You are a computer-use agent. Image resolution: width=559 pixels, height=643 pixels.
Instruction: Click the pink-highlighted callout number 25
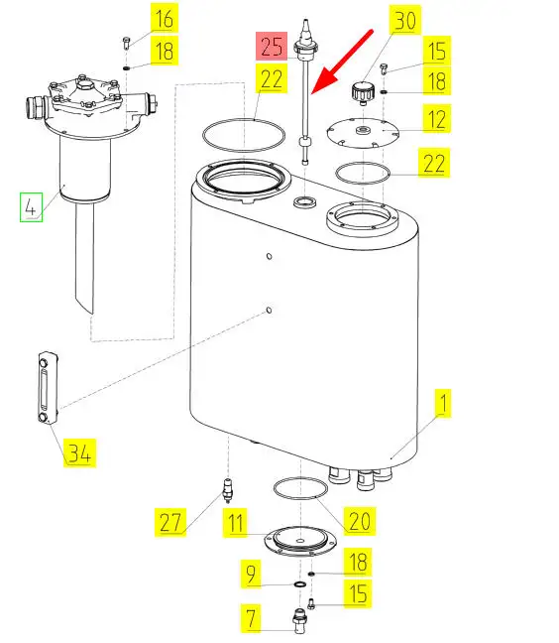point(272,47)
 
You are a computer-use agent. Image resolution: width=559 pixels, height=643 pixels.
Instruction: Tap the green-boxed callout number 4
point(31,207)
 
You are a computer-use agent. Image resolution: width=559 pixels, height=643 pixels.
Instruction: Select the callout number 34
point(79,453)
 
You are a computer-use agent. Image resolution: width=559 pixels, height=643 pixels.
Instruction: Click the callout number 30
point(405,20)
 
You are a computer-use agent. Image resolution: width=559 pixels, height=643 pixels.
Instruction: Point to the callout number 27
point(170,522)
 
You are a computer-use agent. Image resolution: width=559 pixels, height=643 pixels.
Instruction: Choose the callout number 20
point(360,521)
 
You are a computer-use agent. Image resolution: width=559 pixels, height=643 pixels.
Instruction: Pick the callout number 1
point(443,404)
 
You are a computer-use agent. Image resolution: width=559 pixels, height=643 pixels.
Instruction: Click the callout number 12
point(436,119)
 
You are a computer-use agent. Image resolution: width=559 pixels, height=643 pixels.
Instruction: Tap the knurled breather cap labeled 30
point(362,92)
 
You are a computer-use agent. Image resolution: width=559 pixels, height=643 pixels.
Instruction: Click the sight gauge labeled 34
point(49,388)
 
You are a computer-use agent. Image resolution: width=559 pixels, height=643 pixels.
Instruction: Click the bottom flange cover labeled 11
point(300,541)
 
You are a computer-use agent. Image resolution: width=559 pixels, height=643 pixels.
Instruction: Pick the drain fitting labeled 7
point(299,620)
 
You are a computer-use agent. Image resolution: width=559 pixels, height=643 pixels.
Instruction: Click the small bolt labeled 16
point(126,43)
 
